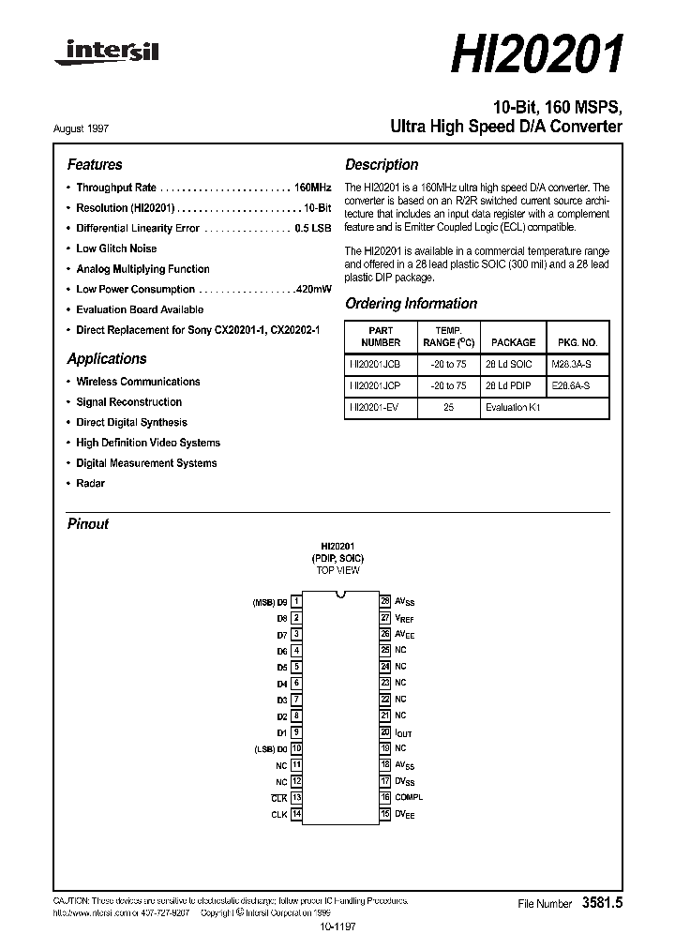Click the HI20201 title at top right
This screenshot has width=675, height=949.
click(536, 56)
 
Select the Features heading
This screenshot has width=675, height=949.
click(95, 164)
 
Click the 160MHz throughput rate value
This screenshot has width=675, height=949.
click(313, 188)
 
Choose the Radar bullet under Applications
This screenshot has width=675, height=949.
click(90, 484)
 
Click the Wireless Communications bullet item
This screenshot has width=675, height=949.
click(138, 382)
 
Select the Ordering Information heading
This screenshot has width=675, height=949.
click(411, 304)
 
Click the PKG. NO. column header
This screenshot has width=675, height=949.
click(577, 342)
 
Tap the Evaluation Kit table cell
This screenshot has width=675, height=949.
click(513, 408)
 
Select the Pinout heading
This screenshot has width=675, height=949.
click(88, 524)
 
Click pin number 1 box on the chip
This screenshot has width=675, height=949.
click(296, 601)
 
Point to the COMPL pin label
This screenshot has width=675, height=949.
click(409, 797)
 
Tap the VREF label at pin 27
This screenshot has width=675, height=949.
click(404, 618)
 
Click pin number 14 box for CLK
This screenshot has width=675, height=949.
click(296, 814)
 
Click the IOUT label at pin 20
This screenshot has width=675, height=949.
click(403, 732)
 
